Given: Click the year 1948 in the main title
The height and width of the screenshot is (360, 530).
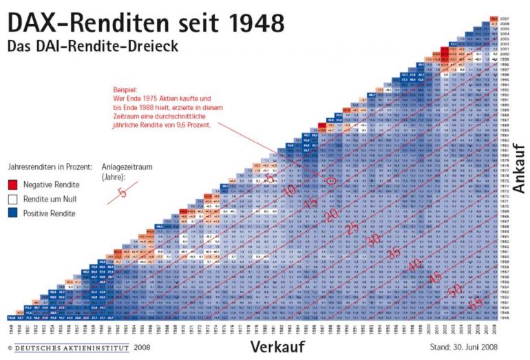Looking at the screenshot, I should pyautogui.click(x=248, y=22).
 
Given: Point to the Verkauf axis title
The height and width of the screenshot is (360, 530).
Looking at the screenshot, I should pyautogui.click(x=277, y=345).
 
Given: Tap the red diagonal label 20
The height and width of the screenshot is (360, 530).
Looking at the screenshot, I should pyautogui.click(x=332, y=215).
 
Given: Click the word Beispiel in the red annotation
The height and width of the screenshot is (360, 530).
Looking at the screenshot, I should pyautogui.click(x=127, y=89).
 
